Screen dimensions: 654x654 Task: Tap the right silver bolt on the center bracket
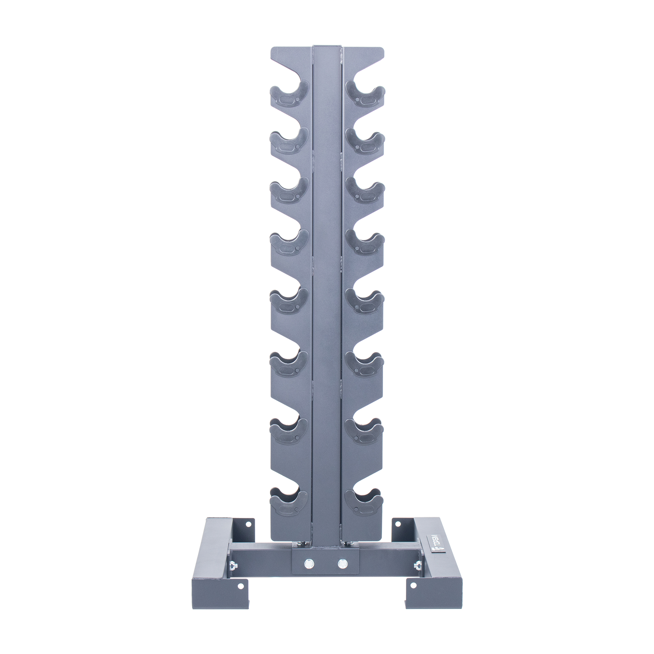point(343,563)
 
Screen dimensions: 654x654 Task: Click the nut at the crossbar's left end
point(234,566)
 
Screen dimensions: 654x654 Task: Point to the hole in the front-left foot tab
point(241,596)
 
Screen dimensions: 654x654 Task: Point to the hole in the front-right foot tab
point(413,595)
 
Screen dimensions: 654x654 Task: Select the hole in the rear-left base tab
point(248,533)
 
